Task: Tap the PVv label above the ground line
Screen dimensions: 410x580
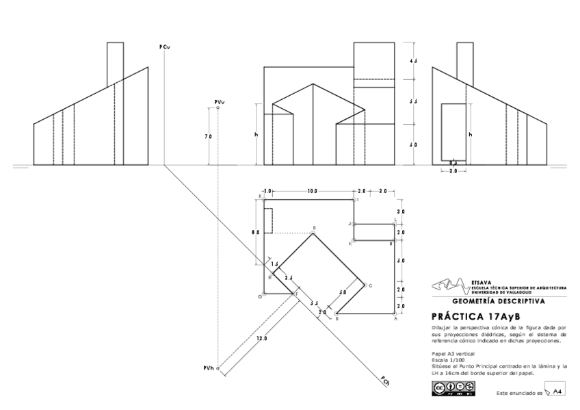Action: coord(219,102)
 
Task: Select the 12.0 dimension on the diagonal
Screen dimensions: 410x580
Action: coord(261,338)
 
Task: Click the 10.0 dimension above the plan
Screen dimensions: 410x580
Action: coord(312,190)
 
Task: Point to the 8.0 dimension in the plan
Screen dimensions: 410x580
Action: coord(255,233)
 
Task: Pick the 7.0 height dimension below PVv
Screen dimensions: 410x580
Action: coord(208,137)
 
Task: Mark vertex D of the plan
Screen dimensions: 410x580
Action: coord(313,229)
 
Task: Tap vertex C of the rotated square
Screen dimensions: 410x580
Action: coord(369,285)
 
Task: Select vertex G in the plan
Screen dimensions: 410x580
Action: coord(261,296)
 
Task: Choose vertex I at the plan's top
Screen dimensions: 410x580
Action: coord(356,199)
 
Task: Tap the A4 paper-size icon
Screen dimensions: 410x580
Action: coord(558,391)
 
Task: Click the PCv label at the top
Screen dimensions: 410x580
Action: coord(165,47)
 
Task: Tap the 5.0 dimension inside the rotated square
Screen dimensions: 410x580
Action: coord(343,292)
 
